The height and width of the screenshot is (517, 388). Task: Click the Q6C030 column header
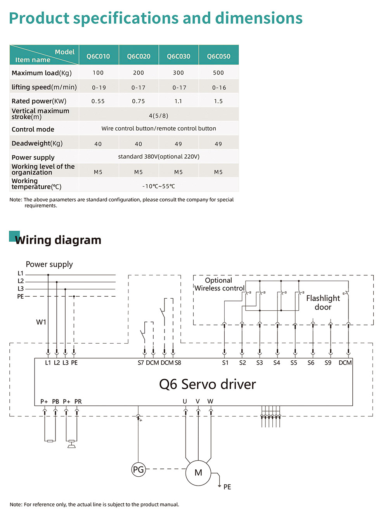click(178, 56)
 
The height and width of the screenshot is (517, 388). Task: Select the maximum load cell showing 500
click(218, 73)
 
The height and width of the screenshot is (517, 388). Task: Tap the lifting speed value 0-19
click(99, 88)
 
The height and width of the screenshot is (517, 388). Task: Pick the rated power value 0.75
click(138, 101)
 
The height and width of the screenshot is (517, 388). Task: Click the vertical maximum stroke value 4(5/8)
click(159, 116)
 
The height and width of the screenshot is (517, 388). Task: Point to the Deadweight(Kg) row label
click(37, 144)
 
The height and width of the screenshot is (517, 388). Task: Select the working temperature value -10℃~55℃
click(159, 186)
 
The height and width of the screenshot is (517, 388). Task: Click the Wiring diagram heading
click(58, 240)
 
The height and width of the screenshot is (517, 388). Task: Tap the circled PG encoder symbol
click(138, 469)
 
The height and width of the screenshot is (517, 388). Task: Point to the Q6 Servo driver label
click(207, 384)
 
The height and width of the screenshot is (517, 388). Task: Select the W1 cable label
click(41, 322)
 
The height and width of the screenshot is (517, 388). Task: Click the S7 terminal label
click(140, 363)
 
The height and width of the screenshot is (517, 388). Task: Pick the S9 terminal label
click(328, 363)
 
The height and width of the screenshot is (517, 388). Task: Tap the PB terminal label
click(55, 401)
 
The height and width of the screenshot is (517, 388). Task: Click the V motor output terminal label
click(197, 401)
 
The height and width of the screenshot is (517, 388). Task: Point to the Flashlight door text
click(323, 303)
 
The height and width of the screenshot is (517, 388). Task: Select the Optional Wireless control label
click(219, 284)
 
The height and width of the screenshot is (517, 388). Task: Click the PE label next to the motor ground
click(227, 487)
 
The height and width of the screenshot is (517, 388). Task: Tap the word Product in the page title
click(39, 18)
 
